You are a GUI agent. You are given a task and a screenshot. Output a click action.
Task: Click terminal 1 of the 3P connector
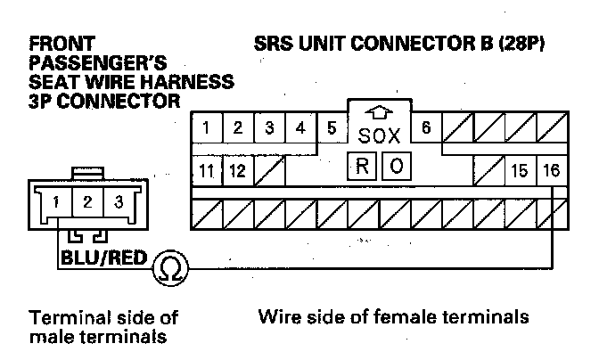click(x=56, y=201)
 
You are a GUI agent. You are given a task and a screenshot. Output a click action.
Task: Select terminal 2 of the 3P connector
click(x=87, y=201)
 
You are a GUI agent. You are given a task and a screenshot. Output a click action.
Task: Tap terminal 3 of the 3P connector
click(x=118, y=201)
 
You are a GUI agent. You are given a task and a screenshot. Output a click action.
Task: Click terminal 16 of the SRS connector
click(x=550, y=169)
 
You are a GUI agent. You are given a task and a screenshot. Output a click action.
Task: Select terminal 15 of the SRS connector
click(x=519, y=169)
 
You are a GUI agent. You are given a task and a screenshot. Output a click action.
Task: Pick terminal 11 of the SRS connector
click(x=206, y=169)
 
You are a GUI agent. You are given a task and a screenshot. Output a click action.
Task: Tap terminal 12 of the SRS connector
click(x=237, y=169)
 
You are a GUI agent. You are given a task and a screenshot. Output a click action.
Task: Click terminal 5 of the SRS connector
click(x=332, y=127)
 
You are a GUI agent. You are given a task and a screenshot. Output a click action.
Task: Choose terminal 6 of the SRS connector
click(x=426, y=127)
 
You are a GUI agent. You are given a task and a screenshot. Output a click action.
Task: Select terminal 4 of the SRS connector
click(x=300, y=127)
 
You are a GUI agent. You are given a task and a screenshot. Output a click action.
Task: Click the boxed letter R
click(x=363, y=165)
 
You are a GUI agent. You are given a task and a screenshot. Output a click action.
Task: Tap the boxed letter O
click(x=396, y=165)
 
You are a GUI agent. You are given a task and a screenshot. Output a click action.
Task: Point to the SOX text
click(x=379, y=136)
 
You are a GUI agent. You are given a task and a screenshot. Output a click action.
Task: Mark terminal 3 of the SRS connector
click(x=268, y=127)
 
